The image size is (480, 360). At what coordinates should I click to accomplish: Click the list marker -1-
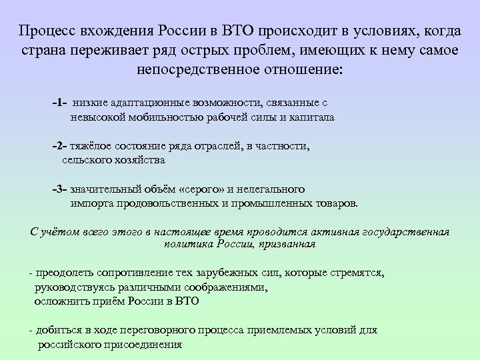point(59,104)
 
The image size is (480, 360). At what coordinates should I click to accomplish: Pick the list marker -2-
point(60,145)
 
